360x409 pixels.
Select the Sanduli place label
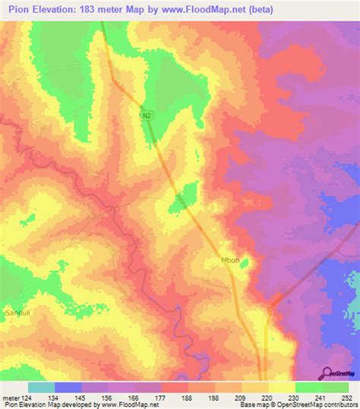[17, 311]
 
